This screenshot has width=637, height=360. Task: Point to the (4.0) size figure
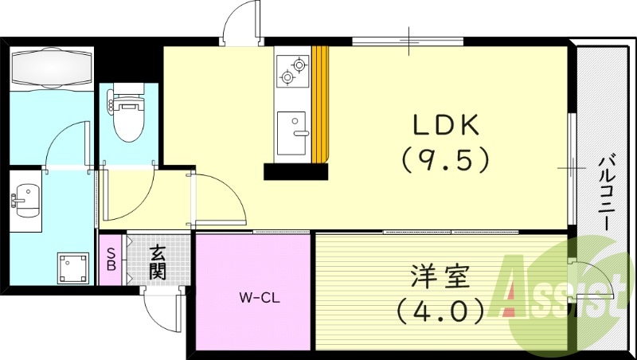(440, 309)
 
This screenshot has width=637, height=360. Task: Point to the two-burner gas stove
(292, 70)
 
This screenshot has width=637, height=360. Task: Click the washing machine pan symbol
(74, 268)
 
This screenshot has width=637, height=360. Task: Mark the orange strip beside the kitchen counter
(320, 104)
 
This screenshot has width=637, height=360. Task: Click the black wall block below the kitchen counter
(295, 170)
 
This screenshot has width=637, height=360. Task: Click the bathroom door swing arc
(68, 143)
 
